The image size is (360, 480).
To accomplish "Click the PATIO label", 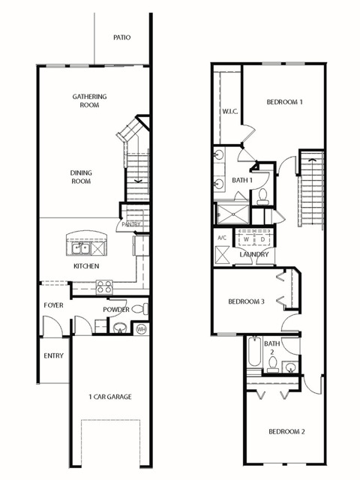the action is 121,37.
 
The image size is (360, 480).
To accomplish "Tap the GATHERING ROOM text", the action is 89,100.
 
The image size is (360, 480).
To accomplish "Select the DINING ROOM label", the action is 81,177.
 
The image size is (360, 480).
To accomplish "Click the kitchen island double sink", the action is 81,248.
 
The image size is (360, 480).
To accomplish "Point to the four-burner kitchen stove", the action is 104,286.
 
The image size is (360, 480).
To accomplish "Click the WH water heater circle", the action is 141,329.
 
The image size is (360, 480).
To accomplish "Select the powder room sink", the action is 120,328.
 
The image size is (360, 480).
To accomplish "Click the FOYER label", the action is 53,305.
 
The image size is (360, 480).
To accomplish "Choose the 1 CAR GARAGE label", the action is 110,397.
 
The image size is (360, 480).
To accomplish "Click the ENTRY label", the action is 53,355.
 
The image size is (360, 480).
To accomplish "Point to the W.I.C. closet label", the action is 230,112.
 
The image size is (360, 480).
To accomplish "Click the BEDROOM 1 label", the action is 285,102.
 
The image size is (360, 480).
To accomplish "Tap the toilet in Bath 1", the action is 262,196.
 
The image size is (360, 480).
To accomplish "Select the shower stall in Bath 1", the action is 232,214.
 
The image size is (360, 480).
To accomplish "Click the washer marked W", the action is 247,239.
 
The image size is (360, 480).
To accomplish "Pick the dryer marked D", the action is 262,239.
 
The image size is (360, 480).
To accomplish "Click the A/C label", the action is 222,238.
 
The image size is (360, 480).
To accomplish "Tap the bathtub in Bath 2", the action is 255,352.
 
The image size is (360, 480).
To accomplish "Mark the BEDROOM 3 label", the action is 247,301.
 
